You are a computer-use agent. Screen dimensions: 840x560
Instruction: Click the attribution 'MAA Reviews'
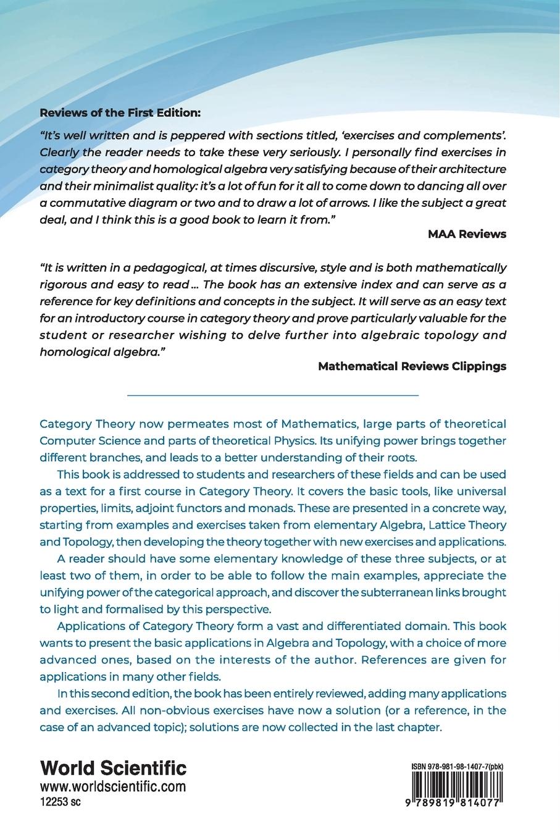pyautogui.click(x=467, y=233)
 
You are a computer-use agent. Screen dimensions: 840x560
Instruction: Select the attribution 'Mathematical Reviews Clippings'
pyautogui.click(x=412, y=366)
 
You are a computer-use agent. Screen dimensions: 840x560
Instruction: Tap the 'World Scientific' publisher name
pyautogui.click(x=113, y=768)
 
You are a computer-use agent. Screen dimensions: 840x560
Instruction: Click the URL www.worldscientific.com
pyautogui.click(x=113, y=787)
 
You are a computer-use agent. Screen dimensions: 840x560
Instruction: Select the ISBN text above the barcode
pyautogui.click(x=458, y=766)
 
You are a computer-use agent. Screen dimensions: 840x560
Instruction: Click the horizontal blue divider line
pyautogui.click(x=272, y=395)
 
